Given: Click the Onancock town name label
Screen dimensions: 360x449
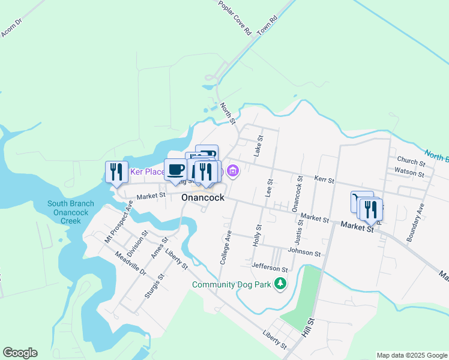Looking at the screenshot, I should pyautogui.click(x=203, y=197).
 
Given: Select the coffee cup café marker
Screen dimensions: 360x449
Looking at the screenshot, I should pyautogui.click(x=176, y=170).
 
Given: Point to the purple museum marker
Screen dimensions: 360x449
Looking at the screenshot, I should pyautogui.click(x=234, y=172).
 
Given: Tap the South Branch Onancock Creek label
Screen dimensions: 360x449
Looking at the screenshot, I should pyautogui.click(x=71, y=212).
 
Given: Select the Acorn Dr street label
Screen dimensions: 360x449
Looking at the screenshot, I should pyautogui.click(x=11, y=28).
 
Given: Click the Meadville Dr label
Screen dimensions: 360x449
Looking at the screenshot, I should pyautogui.click(x=130, y=263).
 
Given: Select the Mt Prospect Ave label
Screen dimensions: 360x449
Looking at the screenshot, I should pyautogui.click(x=118, y=222).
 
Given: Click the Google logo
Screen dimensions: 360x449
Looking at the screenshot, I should pyautogui.click(x=20, y=353).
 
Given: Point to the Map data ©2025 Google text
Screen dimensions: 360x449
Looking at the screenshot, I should pyautogui.click(x=412, y=355).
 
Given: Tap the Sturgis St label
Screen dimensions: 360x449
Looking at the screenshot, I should pyautogui.click(x=155, y=286).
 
